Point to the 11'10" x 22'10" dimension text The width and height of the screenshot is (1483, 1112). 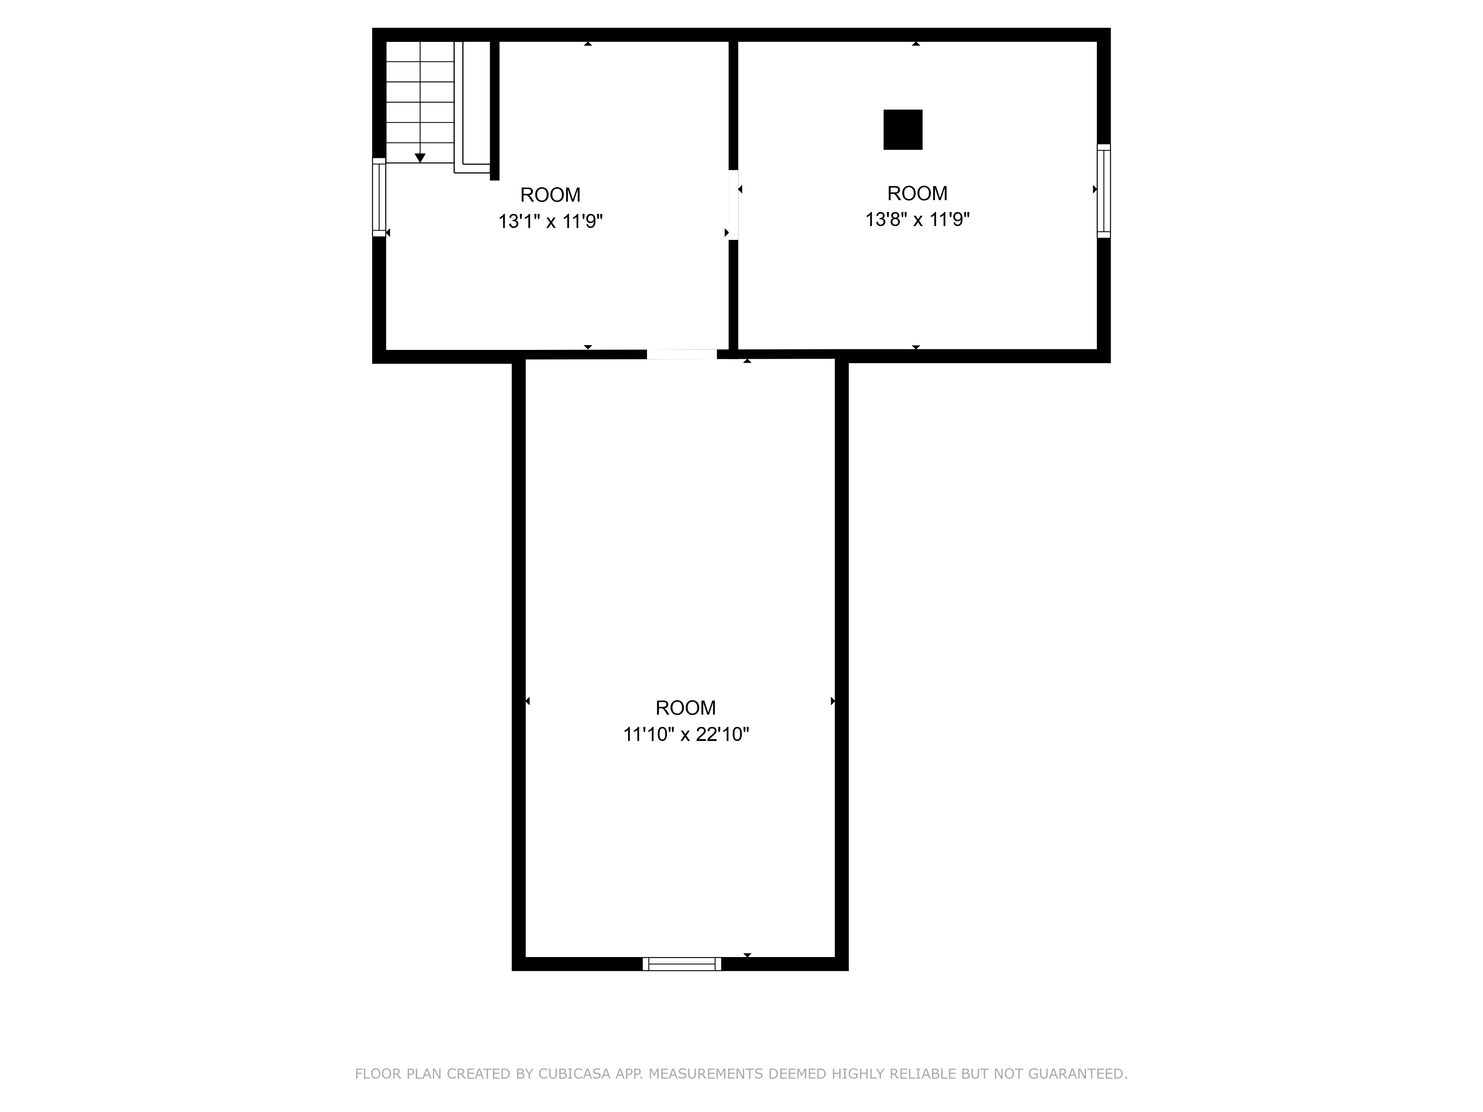(686, 735)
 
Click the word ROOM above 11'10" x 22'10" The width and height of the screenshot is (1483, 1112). (686, 708)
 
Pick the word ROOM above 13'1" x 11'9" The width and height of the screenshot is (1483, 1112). (551, 195)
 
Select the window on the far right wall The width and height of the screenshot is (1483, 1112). (1103, 191)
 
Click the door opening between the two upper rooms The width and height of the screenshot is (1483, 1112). (733, 205)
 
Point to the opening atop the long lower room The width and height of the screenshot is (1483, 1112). (682, 355)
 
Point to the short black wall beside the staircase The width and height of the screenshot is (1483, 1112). (495, 110)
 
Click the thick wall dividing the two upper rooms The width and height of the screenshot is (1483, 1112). (733, 295)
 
